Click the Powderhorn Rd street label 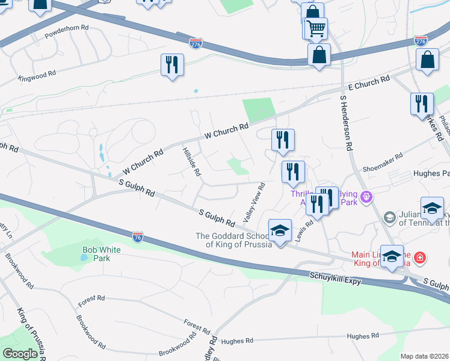(x=67, y=28)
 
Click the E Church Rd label (x=369, y=83)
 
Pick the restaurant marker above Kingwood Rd (x=172, y=64)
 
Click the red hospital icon (x=419, y=259)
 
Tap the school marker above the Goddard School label (x=279, y=229)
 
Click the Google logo (x=20, y=353)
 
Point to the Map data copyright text (x=424, y=356)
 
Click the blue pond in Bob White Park (x=84, y=258)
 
